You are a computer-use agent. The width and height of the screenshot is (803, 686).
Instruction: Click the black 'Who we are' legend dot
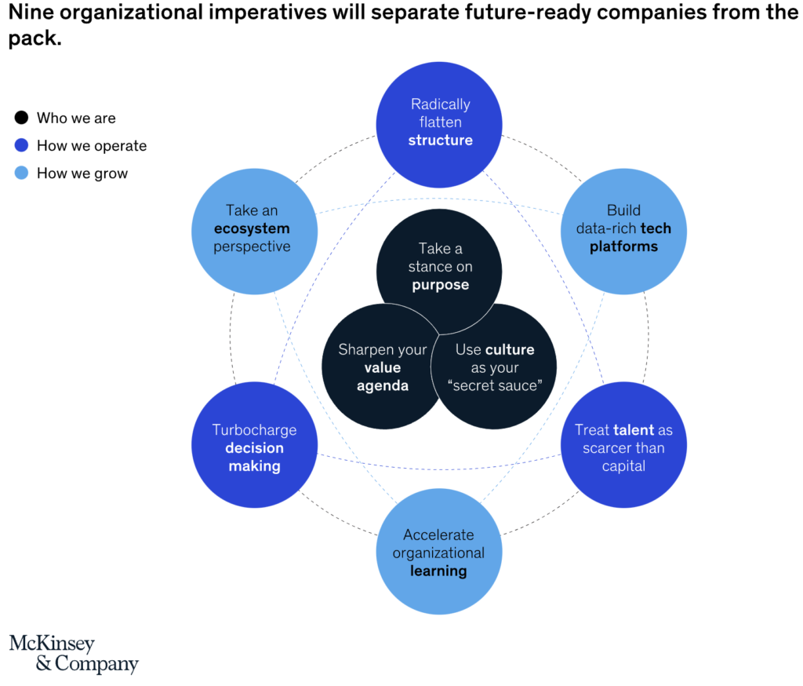21,118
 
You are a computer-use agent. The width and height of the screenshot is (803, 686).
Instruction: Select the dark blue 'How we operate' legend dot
21,146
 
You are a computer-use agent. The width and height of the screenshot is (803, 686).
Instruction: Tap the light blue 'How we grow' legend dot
21,173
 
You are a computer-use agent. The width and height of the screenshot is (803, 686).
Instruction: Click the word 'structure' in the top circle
441,140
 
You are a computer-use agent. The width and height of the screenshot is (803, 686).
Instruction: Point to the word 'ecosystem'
252,228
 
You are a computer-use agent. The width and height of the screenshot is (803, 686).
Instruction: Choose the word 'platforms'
623,247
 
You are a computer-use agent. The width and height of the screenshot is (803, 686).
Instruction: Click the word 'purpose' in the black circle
441,285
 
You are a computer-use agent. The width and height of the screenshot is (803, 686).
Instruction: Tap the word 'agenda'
383,386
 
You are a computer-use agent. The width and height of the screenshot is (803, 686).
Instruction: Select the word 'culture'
510,349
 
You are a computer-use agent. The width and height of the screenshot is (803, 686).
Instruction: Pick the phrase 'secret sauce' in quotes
495,385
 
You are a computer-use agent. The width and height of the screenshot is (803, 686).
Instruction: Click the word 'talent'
634,429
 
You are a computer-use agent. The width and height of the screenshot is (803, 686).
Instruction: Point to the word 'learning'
438,571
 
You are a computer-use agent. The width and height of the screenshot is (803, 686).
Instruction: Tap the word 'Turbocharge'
255,430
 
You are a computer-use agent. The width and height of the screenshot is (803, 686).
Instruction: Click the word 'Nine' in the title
31,13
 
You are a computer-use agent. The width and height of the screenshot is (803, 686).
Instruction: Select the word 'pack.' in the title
35,38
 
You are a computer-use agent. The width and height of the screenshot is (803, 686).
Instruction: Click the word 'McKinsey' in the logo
53,644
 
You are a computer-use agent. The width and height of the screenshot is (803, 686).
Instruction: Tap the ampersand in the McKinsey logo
44,663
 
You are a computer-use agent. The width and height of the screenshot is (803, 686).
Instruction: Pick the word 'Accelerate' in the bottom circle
438,535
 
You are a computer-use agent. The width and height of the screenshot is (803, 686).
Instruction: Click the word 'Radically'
441,104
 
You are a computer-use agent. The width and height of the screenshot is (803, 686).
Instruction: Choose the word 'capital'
623,466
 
